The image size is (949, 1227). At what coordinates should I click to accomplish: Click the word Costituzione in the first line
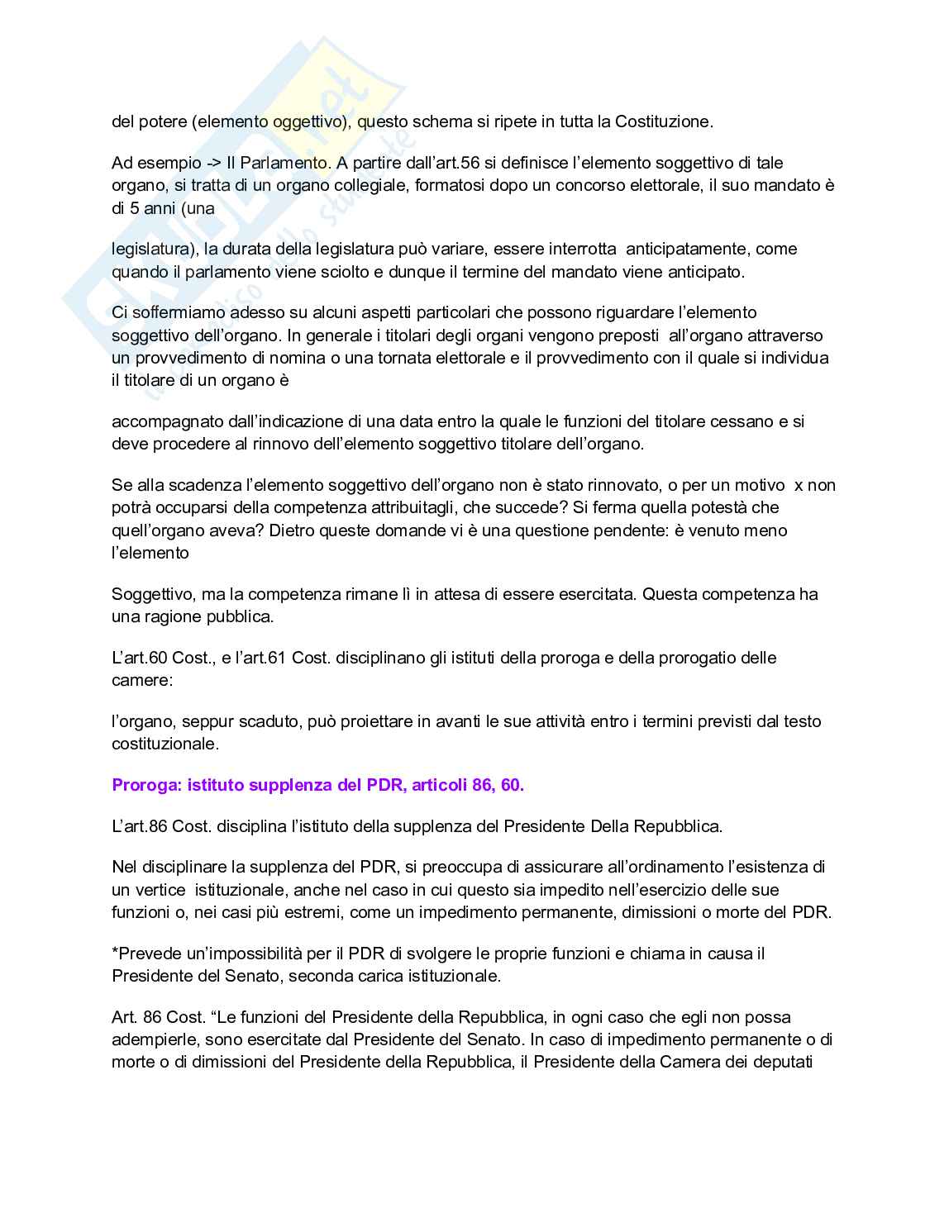[665, 121]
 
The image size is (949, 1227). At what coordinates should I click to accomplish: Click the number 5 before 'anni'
[136, 208]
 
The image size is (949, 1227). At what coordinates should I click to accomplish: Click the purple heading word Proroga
[145, 785]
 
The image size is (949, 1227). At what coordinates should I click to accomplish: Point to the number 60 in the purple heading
[511, 785]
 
